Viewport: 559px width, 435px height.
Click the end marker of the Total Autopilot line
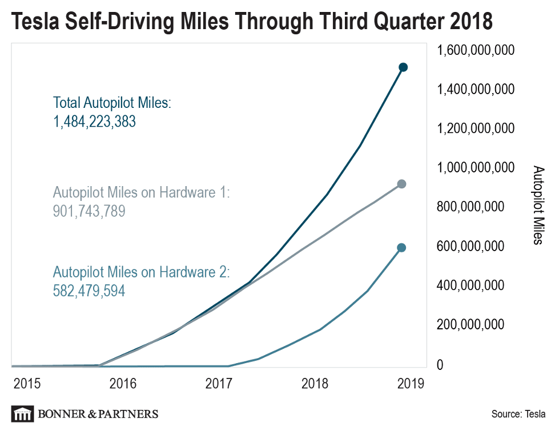tap(403, 67)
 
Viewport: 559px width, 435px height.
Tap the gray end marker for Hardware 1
tap(401, 184)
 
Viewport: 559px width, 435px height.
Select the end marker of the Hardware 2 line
tap(401, 248)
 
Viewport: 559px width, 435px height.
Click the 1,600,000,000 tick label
tap(475, 50)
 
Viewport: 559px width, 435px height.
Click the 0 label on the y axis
tap(440, 365)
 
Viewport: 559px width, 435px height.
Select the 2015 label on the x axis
tap(27, 383)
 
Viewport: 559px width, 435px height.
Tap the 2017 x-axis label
tap(219, 383)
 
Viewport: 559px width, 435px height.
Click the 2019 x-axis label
tap(410, 383)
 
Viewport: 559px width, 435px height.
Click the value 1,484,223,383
tap(94, 122)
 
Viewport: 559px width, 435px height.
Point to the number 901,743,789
tap(89, 211)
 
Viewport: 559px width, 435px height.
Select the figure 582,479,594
tap(89, 291)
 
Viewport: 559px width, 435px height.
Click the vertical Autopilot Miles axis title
tap(538, 206)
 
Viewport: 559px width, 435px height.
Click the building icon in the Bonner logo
tap(22, 414)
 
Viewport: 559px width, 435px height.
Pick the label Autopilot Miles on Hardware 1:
tap(140, 192)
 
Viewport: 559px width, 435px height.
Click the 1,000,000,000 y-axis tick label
tap(475, 168)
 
